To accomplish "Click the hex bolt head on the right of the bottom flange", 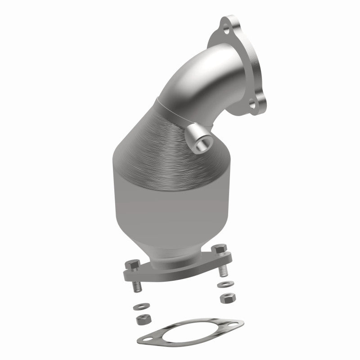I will (x=220, y=250).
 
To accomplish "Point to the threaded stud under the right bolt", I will (x=222, y=270).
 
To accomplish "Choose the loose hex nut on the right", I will (x=225, y=298).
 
